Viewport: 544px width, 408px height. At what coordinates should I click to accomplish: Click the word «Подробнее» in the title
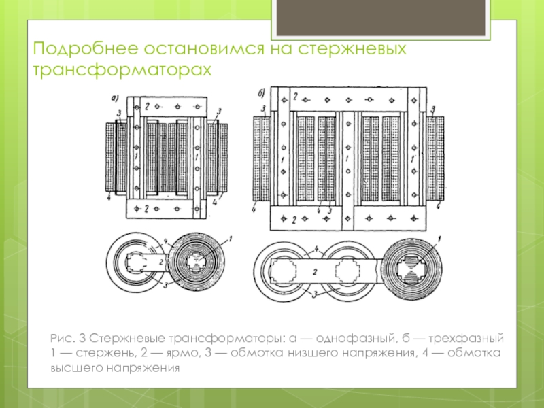click(86, 49)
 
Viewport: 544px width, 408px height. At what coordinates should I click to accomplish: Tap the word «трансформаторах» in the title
click(122, 70)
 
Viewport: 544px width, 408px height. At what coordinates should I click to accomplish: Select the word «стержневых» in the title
click(352, 49)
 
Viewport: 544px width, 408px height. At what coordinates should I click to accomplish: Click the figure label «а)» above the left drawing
click(115, 99)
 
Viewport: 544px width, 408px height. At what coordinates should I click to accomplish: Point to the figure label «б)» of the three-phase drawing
click(261, 93)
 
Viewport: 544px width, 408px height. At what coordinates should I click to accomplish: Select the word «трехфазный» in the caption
click(466, 338)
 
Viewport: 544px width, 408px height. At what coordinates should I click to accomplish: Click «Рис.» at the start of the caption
click(63, 338)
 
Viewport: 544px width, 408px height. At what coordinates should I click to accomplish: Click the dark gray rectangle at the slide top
click(381, 18)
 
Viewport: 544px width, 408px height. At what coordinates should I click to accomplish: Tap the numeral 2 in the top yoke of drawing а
click(147, 107)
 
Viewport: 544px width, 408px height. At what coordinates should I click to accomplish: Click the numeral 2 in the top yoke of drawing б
click(295, 97)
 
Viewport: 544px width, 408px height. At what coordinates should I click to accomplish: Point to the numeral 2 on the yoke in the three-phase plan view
click(315, 272)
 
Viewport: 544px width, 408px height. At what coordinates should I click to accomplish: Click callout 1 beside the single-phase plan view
click(230, 239)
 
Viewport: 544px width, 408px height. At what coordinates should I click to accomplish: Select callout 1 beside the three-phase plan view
click(439, 239)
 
